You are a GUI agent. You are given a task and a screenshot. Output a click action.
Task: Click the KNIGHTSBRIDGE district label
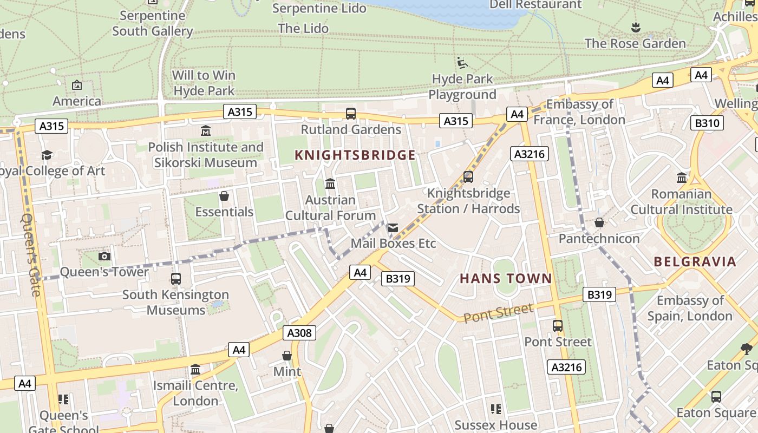tap(355, 155)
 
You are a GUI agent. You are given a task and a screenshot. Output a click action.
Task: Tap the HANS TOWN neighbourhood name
tap(506, 279)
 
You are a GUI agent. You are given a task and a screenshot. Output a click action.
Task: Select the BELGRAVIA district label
tap(695, 262)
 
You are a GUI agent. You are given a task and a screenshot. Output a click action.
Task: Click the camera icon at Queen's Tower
tap(104, 256)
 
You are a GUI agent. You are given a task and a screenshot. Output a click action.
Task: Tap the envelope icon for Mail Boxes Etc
tap(393, 228)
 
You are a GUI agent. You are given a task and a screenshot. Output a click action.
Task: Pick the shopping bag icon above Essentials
tap(224, 196)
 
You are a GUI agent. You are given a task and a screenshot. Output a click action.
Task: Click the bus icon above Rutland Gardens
tap(351, 114)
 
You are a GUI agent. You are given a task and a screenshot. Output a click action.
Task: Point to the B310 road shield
tap(707, 123)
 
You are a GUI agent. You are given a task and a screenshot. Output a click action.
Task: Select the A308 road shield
tap(299, 333)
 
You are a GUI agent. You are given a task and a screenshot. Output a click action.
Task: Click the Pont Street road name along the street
tap(498, 313)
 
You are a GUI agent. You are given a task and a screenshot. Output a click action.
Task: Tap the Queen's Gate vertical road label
tap(31, 254)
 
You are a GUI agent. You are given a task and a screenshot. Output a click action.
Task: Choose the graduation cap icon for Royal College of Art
tap(47, 155)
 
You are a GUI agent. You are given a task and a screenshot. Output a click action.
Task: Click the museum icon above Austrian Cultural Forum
tap(330, 184)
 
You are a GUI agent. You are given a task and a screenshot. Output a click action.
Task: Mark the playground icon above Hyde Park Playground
tap(462, 63)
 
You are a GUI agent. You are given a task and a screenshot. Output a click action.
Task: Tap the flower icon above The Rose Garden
tap(636, 27)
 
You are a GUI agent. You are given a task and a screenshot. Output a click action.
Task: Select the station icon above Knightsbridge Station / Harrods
tap(468, 177)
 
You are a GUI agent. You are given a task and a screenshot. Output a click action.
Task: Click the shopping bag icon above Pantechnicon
tap(599, 222)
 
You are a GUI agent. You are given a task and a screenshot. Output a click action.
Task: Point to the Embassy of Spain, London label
tap(690, 308)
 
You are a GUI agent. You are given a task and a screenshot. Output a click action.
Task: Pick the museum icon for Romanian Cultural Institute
tap(682, 178)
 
